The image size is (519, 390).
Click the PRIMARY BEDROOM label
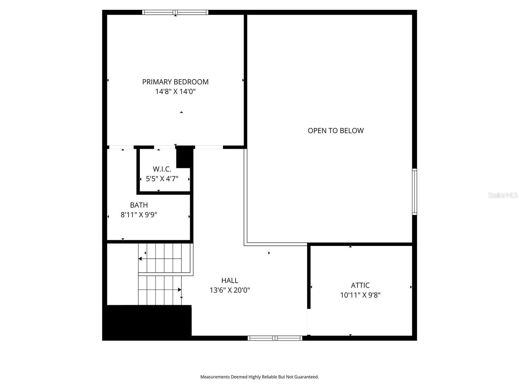[x=175, y=82]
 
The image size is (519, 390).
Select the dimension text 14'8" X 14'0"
[x=175, y=92]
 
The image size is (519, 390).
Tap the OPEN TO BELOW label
[x=336, y=131]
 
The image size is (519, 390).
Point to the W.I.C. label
[x=162, y=169]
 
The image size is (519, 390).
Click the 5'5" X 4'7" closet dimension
[x=162, y=179]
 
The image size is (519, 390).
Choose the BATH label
[x=139, y=205]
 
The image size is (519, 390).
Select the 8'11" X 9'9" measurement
[x=139, y=215]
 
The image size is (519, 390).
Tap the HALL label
[x=230, y=280]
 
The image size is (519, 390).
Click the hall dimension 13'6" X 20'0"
[x=230, y=290]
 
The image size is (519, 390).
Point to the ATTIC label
[x=360, y=285]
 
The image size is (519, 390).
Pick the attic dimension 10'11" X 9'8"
[x=360, y=295]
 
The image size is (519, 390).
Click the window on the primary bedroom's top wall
[x=175, y=12]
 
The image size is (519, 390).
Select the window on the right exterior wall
[x=414, y=192]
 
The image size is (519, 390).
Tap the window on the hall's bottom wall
[x=275, y=338]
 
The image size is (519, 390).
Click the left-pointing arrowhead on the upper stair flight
[x=140, y=259]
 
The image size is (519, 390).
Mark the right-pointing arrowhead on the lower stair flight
[x=180, y=290]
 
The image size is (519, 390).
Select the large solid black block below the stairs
[x=147, y=322]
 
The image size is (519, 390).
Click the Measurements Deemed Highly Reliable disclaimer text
[x=259, y=377]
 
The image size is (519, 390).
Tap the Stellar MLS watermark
[x=502, y=195]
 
